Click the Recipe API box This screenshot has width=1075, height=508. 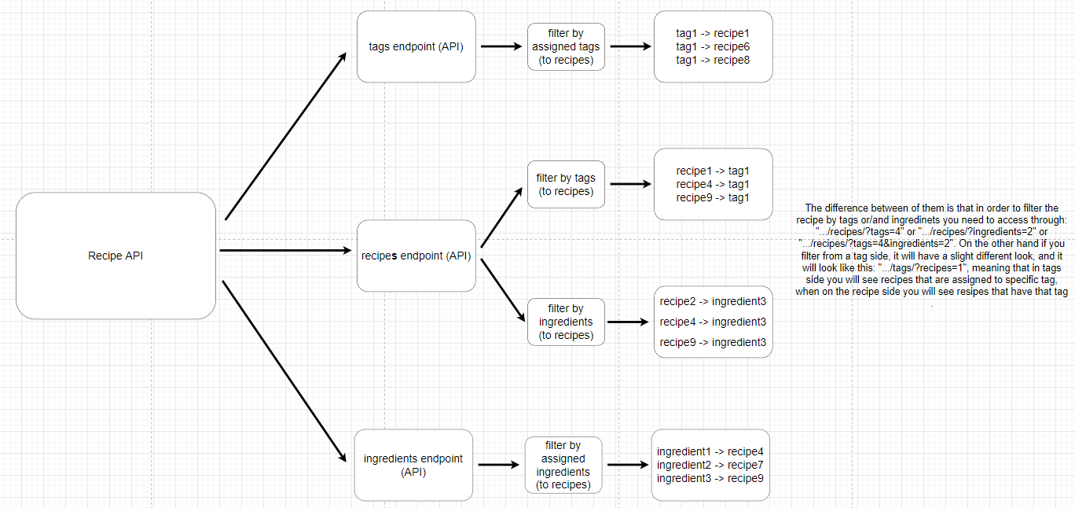tap(116, 256)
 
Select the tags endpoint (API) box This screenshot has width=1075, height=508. tap(416, 46)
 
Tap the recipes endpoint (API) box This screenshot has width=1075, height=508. tap(416, 256)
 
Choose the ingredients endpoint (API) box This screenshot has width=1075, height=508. tap(413, 465)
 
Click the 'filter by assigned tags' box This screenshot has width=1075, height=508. tap(566, 46)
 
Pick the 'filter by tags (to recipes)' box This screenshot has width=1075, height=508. tap(566, 185)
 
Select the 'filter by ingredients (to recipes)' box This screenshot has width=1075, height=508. tap(566, 322)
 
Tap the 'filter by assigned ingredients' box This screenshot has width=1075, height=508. tap(563, 465)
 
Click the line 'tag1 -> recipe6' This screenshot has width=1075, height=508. tap(713, 46)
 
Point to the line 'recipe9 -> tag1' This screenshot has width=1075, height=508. tap(713, 197)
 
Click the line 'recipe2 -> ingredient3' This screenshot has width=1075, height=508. tap(713, 301)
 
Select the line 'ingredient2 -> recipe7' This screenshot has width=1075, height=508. tap(710, 465)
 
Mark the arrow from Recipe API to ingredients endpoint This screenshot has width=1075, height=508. tap(284, 370)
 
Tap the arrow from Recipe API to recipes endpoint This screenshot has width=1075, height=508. tap(286, 251)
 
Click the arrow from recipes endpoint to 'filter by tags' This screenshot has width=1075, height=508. tap(502, 217)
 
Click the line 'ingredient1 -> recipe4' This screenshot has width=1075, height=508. tap(710, 452)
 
